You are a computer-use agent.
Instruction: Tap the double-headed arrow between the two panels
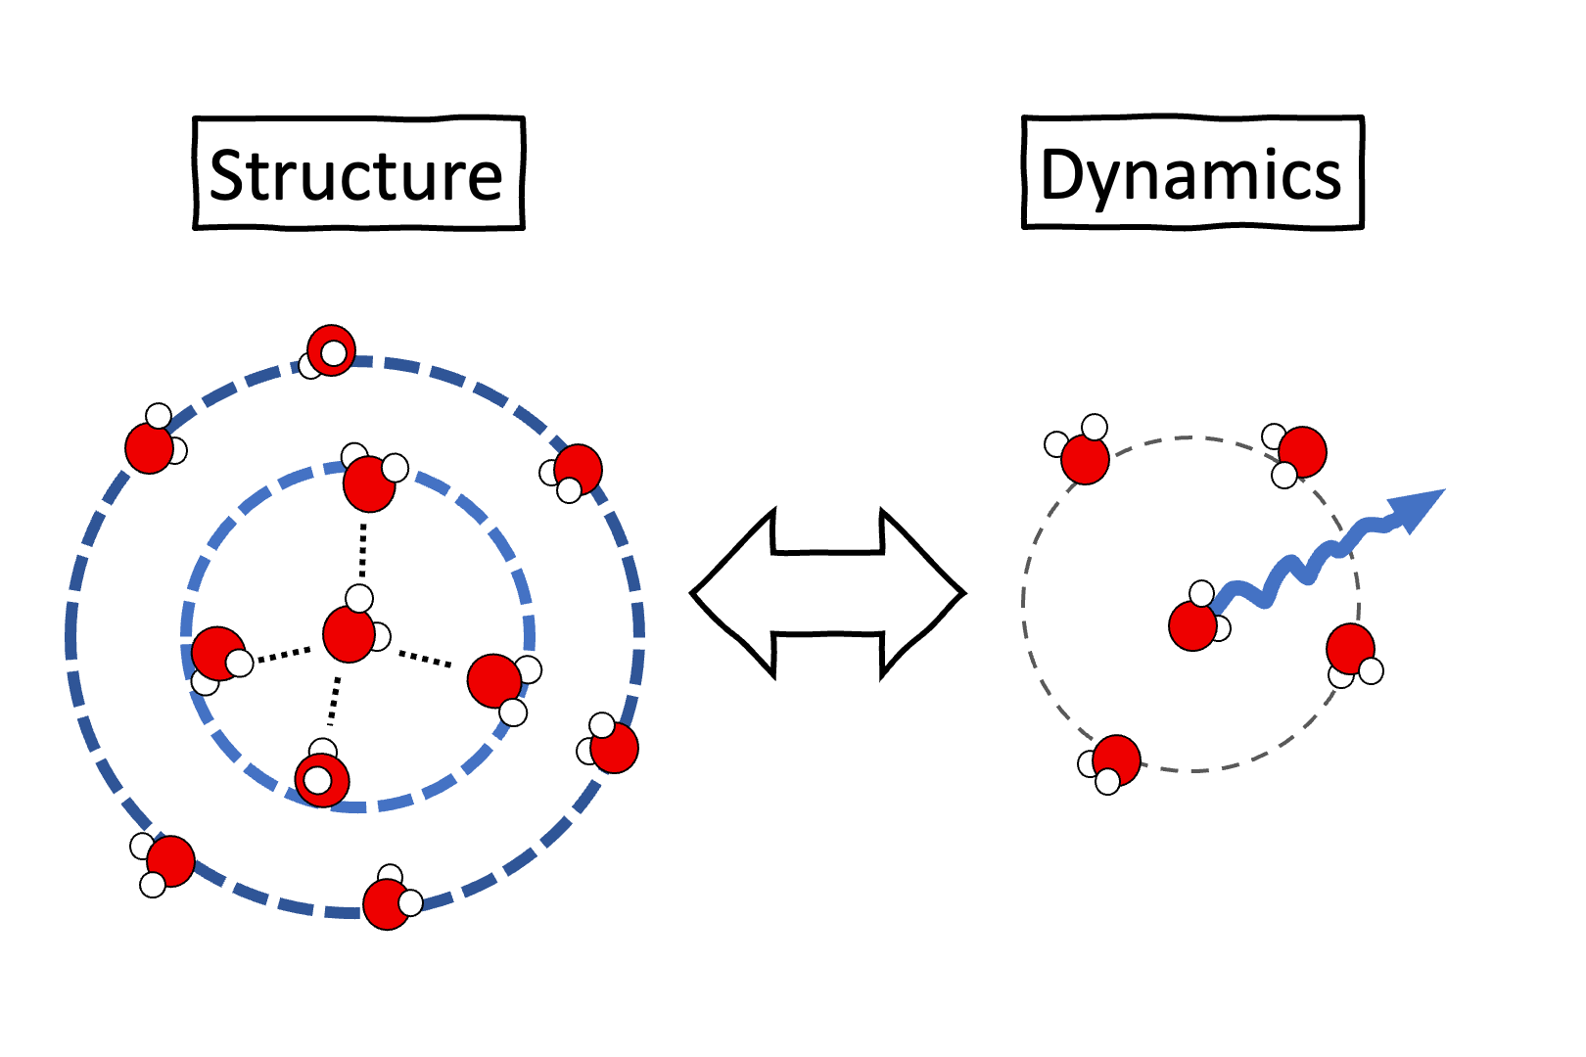(x=828, y=593)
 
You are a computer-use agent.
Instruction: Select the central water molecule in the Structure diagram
(x=350, y=632)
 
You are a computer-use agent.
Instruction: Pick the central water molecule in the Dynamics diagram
(x=1193, y=624)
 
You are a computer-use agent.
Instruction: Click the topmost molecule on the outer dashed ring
(x=330, y=350)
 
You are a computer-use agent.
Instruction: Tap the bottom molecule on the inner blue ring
(x=321, y=779)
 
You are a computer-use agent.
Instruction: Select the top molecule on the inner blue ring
(x=369, y=483)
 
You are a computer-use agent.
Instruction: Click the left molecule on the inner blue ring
(x=218, y=655)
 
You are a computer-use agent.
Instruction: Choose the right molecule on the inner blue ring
(x=495, y=680)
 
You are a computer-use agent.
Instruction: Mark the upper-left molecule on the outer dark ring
(x=151, y=446)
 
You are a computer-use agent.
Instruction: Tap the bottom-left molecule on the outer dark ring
(x=169, y=861)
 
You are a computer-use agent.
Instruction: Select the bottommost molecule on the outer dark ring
(x=388, y=903)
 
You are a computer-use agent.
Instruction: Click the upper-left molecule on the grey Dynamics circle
(x=1085, y=457)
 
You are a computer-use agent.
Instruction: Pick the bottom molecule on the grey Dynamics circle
(x=1116, y=760)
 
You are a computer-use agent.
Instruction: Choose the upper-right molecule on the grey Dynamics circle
(x=1301, y=452)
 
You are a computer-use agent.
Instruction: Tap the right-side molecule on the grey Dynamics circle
(x=1351, y=649)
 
